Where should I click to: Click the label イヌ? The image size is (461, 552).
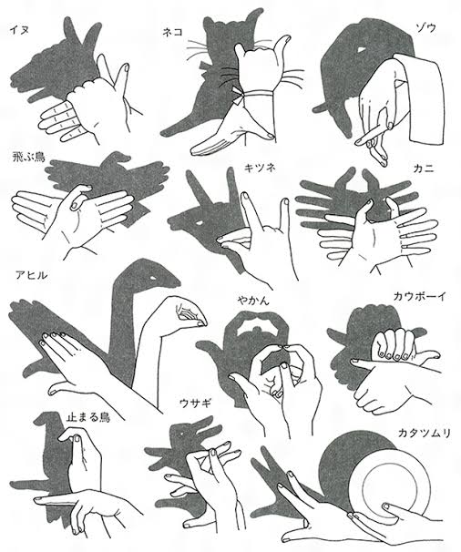click(x=19, y=30)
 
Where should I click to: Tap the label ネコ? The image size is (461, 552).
click(x=172, y=32)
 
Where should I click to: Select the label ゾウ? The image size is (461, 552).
click(x=425, y=28)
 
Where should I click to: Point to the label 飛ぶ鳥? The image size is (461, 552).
click(x=29, y=157)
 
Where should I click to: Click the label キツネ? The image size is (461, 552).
click(x=260, y=168)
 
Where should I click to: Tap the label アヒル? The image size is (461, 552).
click(x=31, y=275)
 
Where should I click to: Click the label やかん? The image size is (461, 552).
click(x=253, y=301)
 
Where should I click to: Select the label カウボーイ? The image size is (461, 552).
click(x=420, y=296)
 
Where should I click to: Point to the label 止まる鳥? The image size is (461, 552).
click(x=88, y=417)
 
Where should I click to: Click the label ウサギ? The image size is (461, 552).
click(x=196, y=403)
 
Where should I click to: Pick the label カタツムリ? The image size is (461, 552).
click(x=425, y=433)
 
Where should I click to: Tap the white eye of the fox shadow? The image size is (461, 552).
click(x=200, y=222)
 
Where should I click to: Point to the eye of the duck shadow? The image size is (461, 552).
click(x=154, y=279)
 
